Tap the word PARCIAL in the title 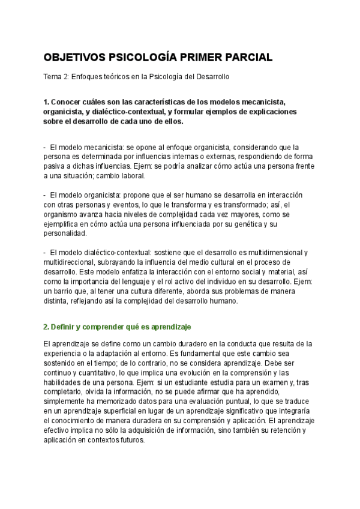pyautogui.click(x=247, y=58)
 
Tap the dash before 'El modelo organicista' pyautogui.click(x=45, y=195)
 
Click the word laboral pyautogui.click(x=130, y=176)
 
